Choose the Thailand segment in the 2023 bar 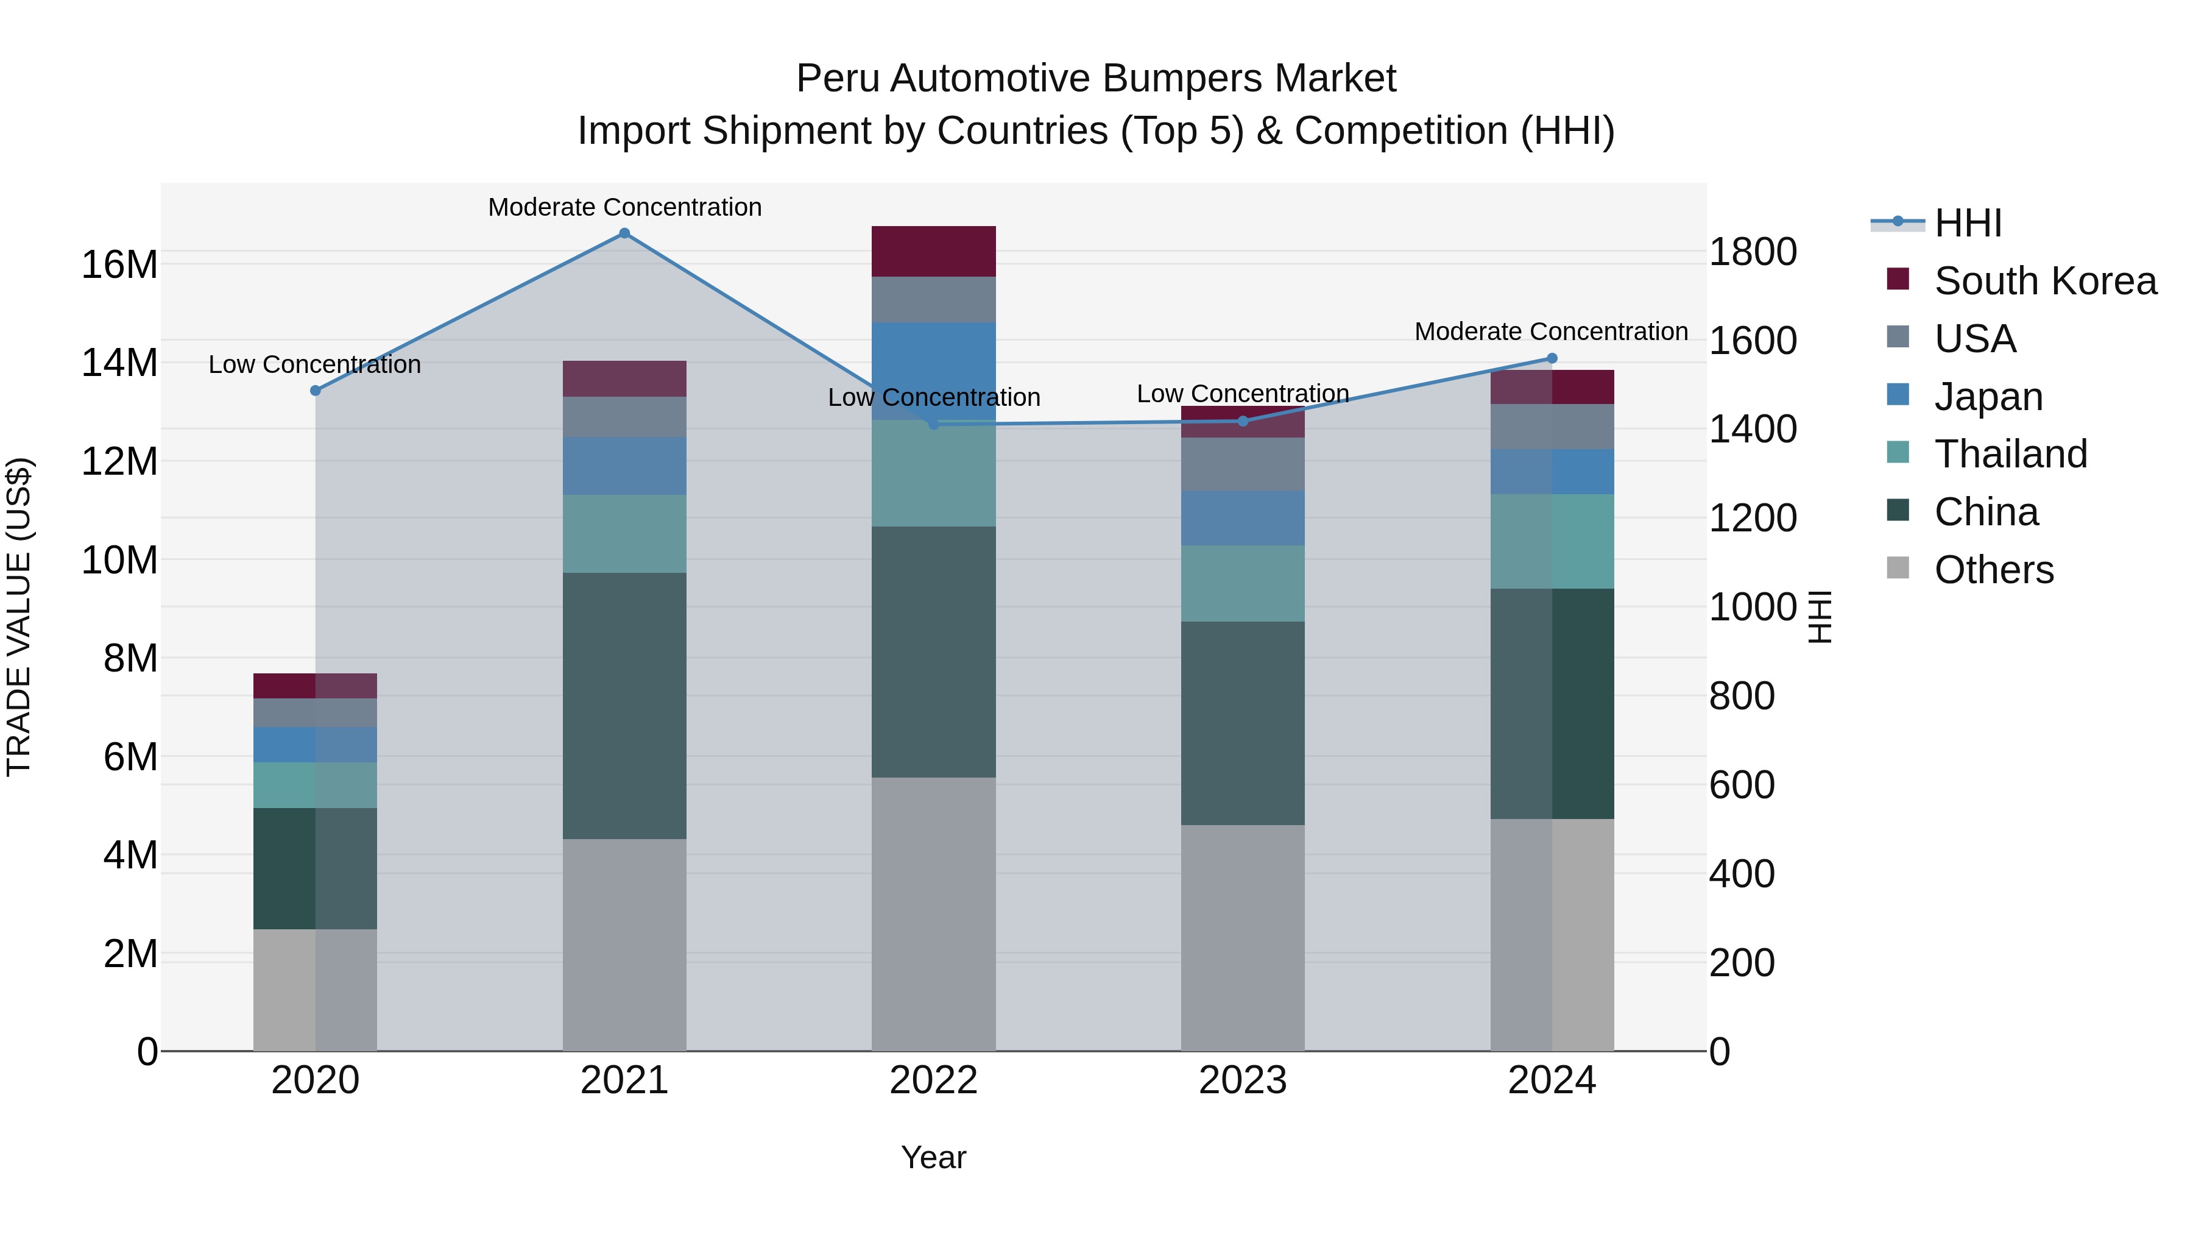[x=1242, y=583]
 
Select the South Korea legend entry [x=2044, y=281]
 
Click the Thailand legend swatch [x=1898, y=452]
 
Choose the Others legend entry [x=1993, y=570]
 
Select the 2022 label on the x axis [x=933, y=1080]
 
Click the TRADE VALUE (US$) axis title [x=19, y=617]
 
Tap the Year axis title [x=933, y=1157]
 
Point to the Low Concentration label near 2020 [x=314, y=364]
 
